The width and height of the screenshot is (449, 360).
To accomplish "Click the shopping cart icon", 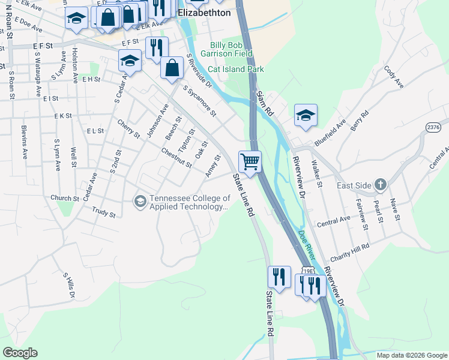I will (x=250, y=161).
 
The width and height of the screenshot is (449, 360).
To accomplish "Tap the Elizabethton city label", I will (x=204, y=11).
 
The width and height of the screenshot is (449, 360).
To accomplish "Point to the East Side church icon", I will (x=380, y=185).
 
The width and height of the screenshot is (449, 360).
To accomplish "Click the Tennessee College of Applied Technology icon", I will (x=140, y=200).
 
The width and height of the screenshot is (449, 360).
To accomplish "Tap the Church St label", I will (x=64, y=198).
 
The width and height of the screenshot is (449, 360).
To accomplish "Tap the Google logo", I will (x=20, y=352).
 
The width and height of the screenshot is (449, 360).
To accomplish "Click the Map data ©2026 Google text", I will (x=412, y=355).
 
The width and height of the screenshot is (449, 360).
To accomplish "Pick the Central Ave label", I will (x=333, y=220).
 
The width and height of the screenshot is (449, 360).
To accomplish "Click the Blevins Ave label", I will (x=25, y=137).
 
